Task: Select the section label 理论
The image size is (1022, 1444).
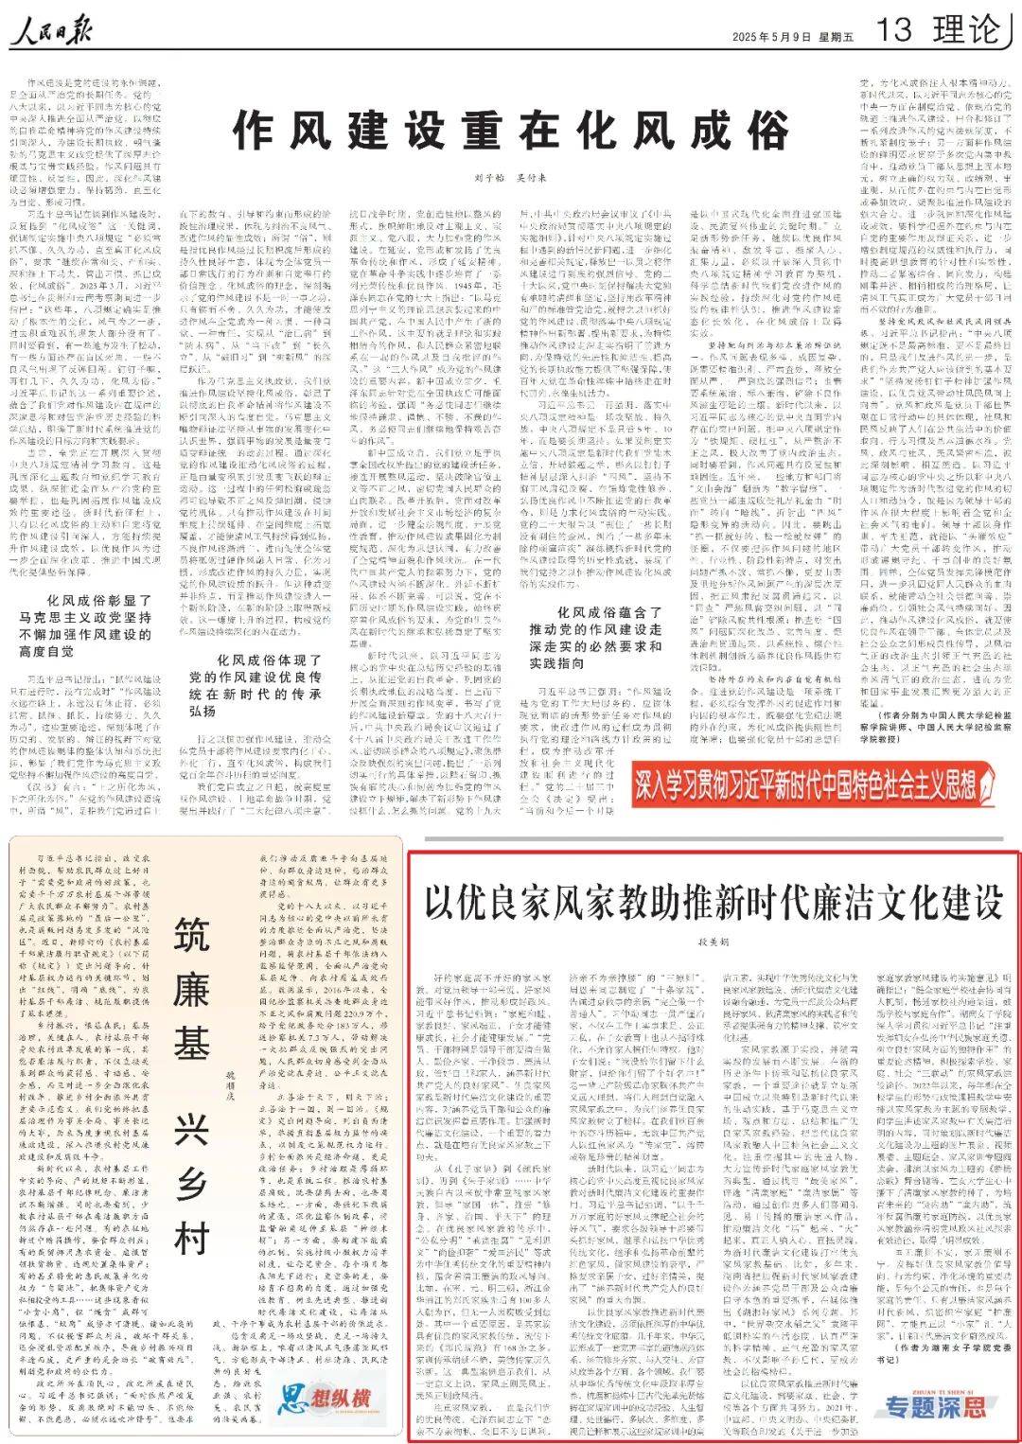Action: point(966,31)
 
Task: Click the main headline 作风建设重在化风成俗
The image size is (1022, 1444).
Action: point(511,130)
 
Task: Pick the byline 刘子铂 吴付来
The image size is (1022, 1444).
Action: point(511,179)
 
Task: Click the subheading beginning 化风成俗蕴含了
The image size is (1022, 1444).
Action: point(610,637)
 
